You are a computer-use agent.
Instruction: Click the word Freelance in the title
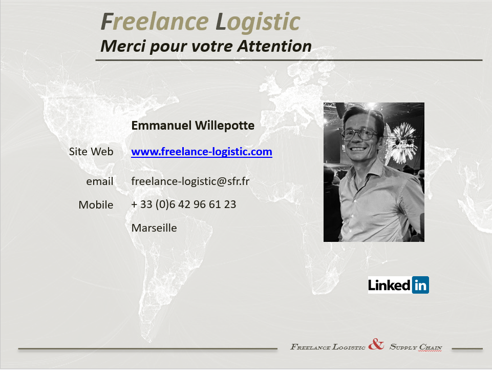pyautogui.click(x=155, y=22)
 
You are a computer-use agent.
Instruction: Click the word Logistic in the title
pyautogui.click(x=258, y=23)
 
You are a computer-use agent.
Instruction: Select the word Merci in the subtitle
pyautogui.click(x=123, y=46)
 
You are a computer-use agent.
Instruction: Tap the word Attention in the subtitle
pyautogui.click(x=274, y=46)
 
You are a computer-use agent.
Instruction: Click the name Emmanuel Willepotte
pyautogui.click(x=192, y=126)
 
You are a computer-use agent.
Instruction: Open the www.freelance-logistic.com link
pyautogui.click(x=201, y=152)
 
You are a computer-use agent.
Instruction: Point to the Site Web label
pyautogui.click(x=91, y=152)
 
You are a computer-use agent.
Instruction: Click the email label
pyautogui.click(x=99, y=181)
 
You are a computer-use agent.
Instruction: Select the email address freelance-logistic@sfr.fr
pyautogui.click(x=190, y=181)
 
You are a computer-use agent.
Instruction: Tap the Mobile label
pyautogui.click(x=96, y=205)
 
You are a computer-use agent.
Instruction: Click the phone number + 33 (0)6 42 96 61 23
pyautogui.click(x=184, y=204)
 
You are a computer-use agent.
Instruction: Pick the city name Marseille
pyautogui.click(x=154, y=228)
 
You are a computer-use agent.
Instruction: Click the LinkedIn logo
pyautogui.click(x=398, y=285)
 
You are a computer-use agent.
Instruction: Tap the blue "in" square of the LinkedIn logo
pyautogui.click(x=420, y=285)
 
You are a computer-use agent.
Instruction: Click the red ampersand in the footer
pyautogui.click(x=376, y=344)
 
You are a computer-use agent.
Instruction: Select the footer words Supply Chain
pyautogui.click(x=416, y=347)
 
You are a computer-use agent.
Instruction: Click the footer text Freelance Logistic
pyautogui.click(x=328, y=347)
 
